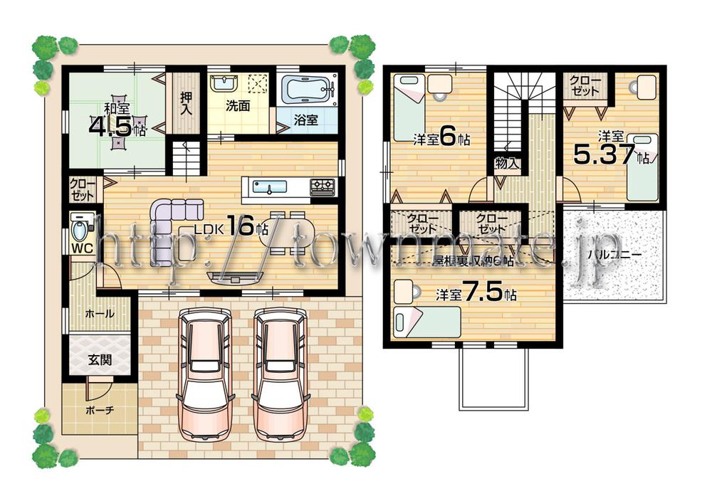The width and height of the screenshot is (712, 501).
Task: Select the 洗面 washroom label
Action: pos(239,106)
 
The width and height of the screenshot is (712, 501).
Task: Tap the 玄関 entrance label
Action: pos(100,360)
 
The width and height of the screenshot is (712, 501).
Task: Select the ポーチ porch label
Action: pos(99,411)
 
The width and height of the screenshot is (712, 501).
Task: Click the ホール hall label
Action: pos(98,313)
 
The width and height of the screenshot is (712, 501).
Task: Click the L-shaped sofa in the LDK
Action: pos(172,228)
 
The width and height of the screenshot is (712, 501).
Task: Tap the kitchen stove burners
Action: pos(322,186)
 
